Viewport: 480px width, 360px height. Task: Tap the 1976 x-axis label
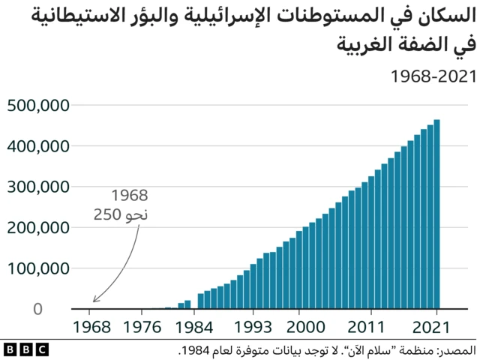click(x=142, y=328)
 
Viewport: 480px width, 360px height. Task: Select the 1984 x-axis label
click(x=194, y=328)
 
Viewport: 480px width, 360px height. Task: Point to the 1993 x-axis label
click(x=253, y=328)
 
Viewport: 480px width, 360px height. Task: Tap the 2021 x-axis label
click(x=436, y=328)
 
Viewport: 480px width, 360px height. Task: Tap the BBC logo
click(x=25, y=349)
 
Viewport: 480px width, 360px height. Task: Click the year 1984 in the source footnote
click(x=197, y=350)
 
